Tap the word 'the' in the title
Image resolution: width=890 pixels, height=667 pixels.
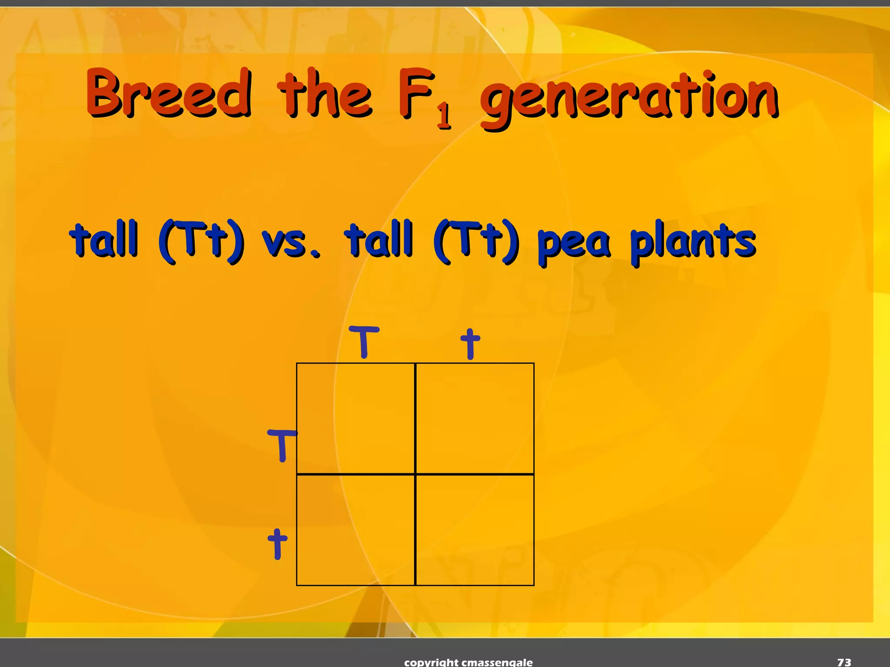point(325,94)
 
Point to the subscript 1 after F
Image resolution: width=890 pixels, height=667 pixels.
point(444,116)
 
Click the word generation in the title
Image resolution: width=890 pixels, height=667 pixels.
point(629,98)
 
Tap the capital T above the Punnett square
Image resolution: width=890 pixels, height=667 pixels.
point(364,342)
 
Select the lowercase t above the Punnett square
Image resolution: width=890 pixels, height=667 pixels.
point(470,343)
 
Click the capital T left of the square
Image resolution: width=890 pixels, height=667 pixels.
point(282,445)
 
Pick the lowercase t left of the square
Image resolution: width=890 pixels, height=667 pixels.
point(277,543)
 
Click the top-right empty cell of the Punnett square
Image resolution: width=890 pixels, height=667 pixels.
point(475,418)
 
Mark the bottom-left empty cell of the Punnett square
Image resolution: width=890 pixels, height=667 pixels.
point(355,530)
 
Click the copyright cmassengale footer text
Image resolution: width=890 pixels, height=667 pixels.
point(468,662)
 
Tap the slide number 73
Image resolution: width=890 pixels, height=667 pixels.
point(844,662)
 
